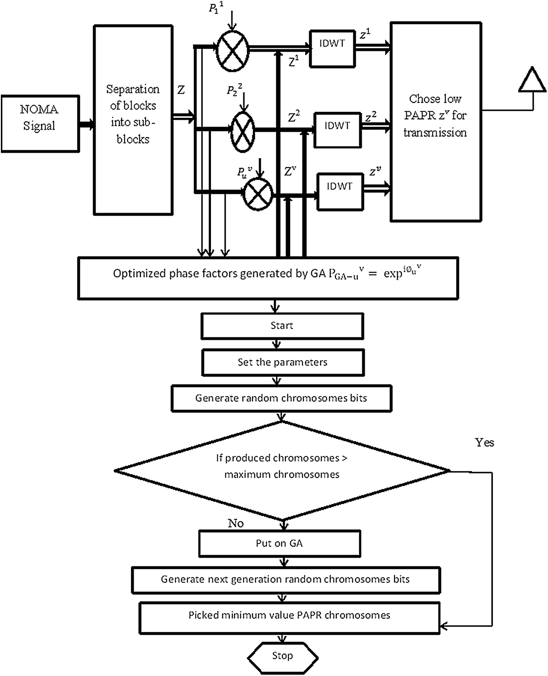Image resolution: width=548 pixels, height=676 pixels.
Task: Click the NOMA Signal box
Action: [40, 124]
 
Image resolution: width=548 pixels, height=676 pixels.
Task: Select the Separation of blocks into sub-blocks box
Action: [133, 120]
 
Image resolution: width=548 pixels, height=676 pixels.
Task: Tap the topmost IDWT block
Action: [332, 49]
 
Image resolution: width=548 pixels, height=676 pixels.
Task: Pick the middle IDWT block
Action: [338, 130]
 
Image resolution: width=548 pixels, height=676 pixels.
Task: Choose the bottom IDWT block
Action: [340, 192]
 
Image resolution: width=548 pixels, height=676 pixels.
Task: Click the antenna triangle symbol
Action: [533, 79]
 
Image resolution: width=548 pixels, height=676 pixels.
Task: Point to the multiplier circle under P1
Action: [233, 51]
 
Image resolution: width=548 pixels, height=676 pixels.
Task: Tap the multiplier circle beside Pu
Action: [258, 194]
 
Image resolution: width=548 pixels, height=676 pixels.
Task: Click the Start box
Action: [282, 326]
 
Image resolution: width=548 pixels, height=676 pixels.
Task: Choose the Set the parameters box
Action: [283, 362]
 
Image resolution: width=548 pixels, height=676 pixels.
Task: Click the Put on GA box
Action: [280, 543]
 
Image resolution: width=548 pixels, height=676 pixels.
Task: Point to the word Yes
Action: [484, 442]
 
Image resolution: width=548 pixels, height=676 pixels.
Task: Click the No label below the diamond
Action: [235, 523]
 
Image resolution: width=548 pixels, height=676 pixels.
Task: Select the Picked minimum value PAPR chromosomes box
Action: [289, 619]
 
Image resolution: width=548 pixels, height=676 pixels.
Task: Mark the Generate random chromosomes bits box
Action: [281, 398]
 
